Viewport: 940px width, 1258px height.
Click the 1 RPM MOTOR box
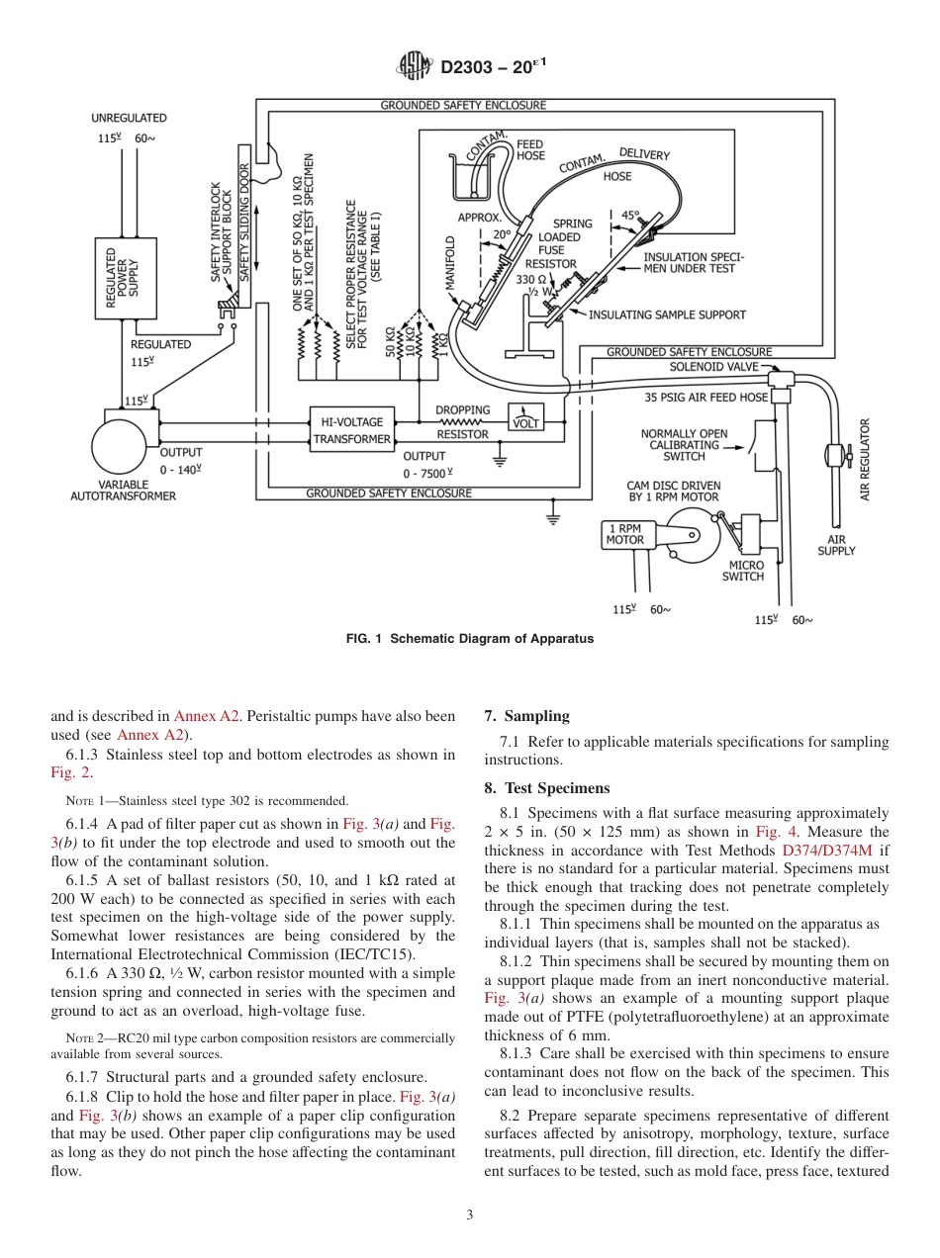[x=625, y=534]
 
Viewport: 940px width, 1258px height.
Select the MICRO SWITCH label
[x=742, y=571]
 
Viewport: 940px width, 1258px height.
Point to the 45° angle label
[x=630, y=215]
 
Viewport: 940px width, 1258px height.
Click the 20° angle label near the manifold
[x=502, y=234]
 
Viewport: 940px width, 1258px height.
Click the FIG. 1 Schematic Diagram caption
[x=470, y=639]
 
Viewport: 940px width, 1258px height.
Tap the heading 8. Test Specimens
[x=546, y=788]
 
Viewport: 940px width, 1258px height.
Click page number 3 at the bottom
[x=469, y=1215]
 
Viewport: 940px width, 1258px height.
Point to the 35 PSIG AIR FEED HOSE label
[x=705, y=398]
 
